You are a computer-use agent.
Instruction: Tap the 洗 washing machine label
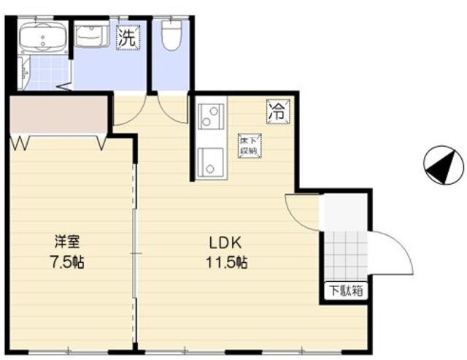point(127,38)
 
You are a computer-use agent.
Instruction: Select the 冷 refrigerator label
point(278,111)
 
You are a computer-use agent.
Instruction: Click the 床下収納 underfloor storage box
point(250,145)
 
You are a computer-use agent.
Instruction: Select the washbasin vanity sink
point(91,37)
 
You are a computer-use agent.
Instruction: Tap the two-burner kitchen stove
point(209,115)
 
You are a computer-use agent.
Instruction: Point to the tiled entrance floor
point(344,251)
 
